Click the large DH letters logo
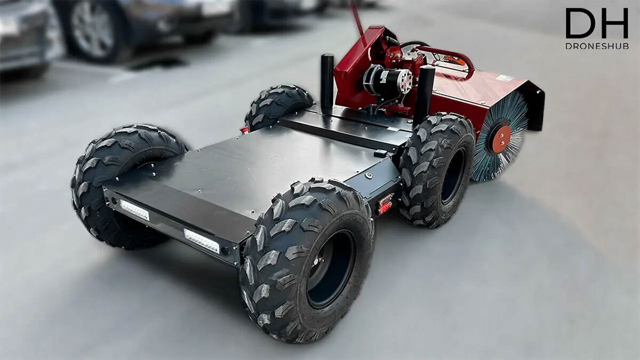[597, 23]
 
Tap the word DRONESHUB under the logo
[597, 46]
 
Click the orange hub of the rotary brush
[501, 139]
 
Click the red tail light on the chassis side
[386, 204]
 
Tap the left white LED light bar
[134, 210]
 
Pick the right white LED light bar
[202, 241]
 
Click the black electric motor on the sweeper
[387, 81]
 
